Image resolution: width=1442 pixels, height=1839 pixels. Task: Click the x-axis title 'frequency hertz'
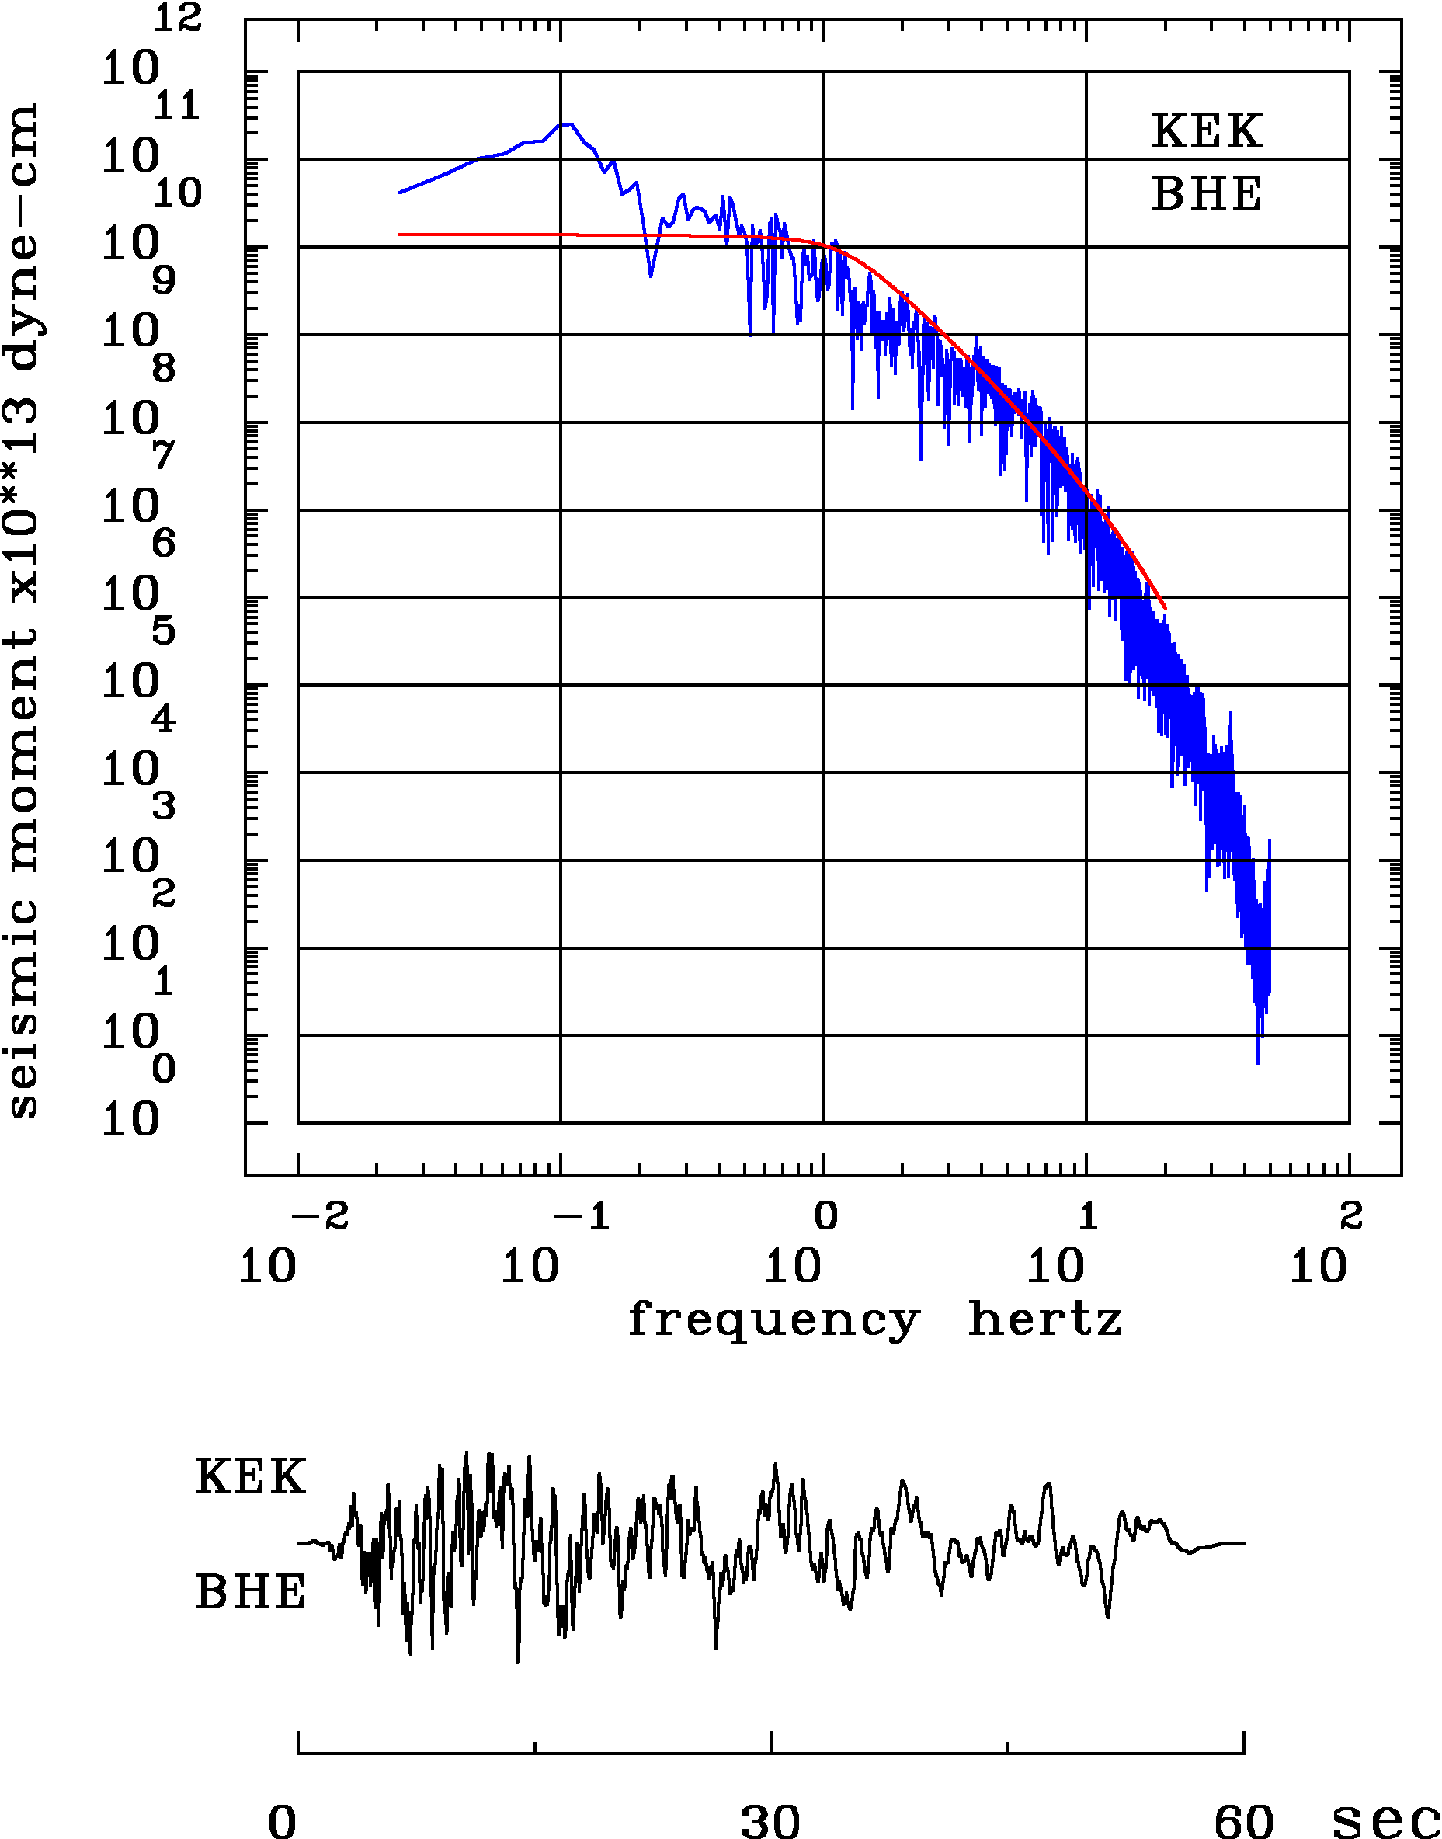(874, 1319)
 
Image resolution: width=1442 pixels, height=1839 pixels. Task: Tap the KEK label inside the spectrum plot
(1207, 131)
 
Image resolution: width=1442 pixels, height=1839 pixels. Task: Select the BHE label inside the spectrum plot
(1207, 193)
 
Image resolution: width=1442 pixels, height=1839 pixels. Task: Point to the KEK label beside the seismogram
(250, 1477)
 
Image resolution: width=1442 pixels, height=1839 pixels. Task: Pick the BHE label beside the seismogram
(250, 1593)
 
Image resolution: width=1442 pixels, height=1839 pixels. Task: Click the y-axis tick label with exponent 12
(151, 50)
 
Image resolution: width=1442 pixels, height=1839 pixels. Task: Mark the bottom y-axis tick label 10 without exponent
(131, 1121)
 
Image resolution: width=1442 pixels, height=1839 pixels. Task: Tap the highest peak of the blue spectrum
(571, 123)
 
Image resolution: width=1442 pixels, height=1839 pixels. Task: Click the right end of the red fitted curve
(1165, 607)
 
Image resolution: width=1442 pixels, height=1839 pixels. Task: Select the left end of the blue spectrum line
(400, 193)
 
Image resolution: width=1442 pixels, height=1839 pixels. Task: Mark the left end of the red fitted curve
(400, 234)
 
